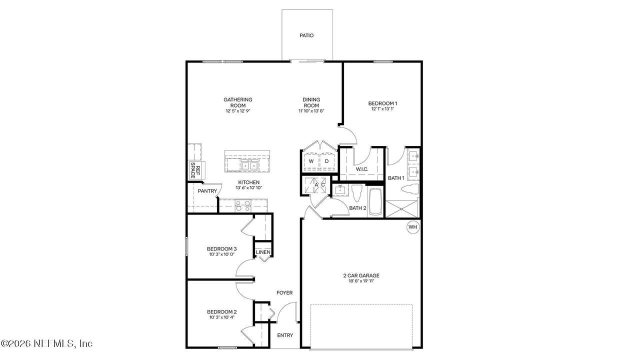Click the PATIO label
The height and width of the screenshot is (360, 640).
point(306,35)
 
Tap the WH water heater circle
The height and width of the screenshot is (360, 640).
point(412,227)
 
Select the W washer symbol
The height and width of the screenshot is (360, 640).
point(311,161)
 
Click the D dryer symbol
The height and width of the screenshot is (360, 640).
point(327,161)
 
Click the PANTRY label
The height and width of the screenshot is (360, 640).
point(207,191)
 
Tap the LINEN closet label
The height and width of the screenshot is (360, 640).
point(263,252)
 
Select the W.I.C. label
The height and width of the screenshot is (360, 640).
point(362,169)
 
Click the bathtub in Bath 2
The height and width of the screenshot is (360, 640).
point(375,201)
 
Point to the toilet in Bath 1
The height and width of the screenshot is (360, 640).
point(409,189)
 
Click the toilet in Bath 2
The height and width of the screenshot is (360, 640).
point(356,193)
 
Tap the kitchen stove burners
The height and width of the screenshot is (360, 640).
point(243,206)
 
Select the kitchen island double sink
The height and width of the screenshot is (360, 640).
point(249,165)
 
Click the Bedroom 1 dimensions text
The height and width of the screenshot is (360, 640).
point(382,109)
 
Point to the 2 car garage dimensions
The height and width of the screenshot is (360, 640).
point(361,281)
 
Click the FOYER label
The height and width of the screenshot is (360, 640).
point(284,292)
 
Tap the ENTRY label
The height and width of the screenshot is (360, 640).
point(285,335)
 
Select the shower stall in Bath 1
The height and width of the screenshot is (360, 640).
point(401,209)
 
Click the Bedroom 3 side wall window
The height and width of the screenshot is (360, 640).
point(186,246)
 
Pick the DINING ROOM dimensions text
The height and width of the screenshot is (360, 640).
point(311,111)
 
